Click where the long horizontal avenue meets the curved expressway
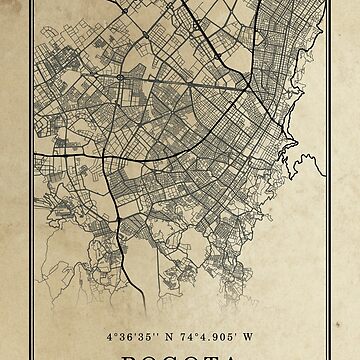(x=248, y=88)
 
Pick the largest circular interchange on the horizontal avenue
(x=121, y=76)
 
